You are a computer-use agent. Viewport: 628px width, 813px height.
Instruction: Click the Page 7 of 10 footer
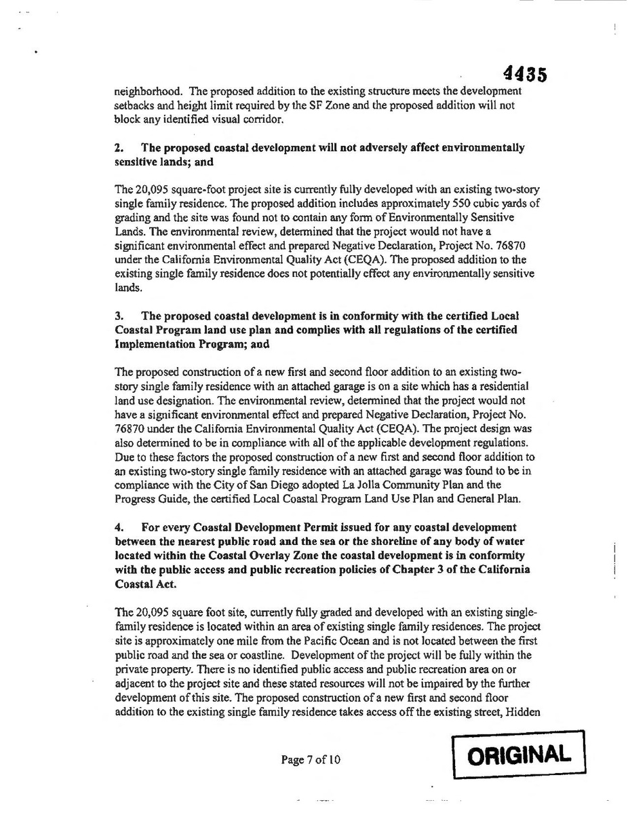point(311,759)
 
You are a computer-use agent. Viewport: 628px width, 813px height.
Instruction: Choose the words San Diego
point(255,485)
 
